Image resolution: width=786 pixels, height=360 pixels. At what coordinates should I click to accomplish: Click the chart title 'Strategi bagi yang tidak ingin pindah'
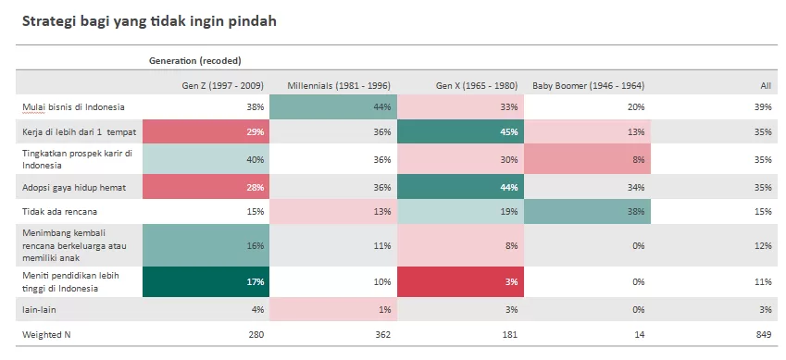[x=149, y=22]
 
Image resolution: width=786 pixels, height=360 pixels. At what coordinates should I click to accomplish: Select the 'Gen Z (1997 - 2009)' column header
[x=222, y=86]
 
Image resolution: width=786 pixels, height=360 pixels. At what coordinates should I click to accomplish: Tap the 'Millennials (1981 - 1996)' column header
[x=339, y=86]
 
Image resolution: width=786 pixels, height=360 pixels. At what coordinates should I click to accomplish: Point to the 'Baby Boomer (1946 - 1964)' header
[x=589, y=86]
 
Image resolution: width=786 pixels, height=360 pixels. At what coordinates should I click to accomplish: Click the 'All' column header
[x=766, y=86]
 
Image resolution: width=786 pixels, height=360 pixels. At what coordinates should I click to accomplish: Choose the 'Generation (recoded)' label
[x=195, y=61]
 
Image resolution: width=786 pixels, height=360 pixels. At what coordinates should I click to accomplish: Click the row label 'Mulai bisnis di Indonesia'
[x=74, y=106]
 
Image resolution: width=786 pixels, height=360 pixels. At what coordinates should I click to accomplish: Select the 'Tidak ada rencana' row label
[x=59, y=212]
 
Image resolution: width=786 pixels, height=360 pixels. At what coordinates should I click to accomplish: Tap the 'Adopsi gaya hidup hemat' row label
[x=74, y=188]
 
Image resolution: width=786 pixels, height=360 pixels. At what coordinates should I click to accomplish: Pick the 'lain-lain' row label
[x=39, y=309]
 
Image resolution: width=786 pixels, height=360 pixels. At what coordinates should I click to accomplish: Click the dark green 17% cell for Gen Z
[x=206, y=281]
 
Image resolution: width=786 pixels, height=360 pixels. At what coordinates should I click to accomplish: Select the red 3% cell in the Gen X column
[x=460, y=281]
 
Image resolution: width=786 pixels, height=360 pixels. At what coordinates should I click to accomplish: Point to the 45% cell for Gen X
[x=460, y=131]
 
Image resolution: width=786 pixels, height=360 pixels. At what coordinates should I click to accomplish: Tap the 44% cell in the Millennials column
[x=333, y=106]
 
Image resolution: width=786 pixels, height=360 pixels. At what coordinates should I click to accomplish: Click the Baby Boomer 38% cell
[x=588, y=212]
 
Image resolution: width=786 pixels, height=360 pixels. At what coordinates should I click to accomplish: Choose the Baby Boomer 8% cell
[x=588, y=159]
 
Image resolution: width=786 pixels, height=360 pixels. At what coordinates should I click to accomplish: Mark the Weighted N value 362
[x=382, y=334]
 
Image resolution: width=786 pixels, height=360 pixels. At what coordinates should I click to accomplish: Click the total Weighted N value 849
[x=764, y=334]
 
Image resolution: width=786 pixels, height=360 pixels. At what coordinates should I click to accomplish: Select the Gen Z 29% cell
[x=206, y=131]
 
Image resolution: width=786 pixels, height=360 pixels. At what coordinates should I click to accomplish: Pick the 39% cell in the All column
[x=763, y=106]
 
